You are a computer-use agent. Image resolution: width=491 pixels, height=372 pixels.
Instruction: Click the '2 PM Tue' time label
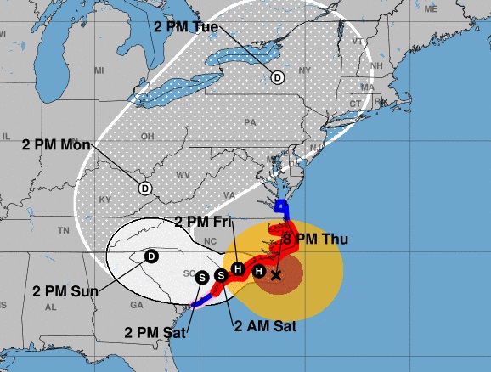click(186, 26)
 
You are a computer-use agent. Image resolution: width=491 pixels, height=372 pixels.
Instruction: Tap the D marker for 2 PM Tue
click(277, 77)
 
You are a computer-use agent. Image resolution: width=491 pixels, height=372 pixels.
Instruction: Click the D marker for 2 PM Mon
click(144, 188)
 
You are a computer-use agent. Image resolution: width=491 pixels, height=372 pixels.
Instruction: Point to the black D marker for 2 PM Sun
click(151, 256)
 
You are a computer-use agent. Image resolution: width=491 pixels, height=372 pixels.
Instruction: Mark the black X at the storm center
click(275, 275)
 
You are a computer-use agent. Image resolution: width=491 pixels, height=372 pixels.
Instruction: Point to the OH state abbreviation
click(147, 136)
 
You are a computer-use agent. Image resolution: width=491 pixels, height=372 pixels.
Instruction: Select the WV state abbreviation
click(182, 175)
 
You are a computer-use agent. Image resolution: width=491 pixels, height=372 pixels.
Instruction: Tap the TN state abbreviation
click(62, 231)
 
